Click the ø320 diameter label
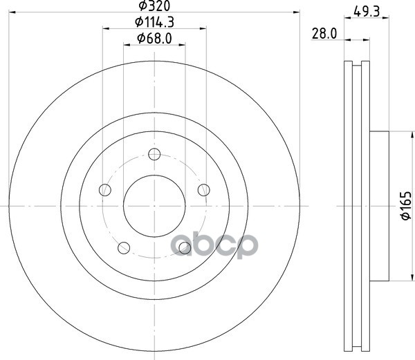pyautogui.click(x=154, y=6)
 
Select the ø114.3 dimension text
pyautogui.click(x=154, y=22)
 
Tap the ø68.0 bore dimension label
pyautogui.click(x=154, y=39)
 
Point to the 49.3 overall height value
pyautogui.click(x=367, y=12)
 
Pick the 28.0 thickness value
pyautogui.click(x=324, y=34)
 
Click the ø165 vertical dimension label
pyautogui.click(x=406, y=205)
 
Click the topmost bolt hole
pyautogui.click(x=154, y=154)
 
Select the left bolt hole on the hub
pyautogui.click(x=105, y=190)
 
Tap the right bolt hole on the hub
pyautogui.click(x=204, y=190)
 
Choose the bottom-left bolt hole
pyautogui.click(x=124, y=248)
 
